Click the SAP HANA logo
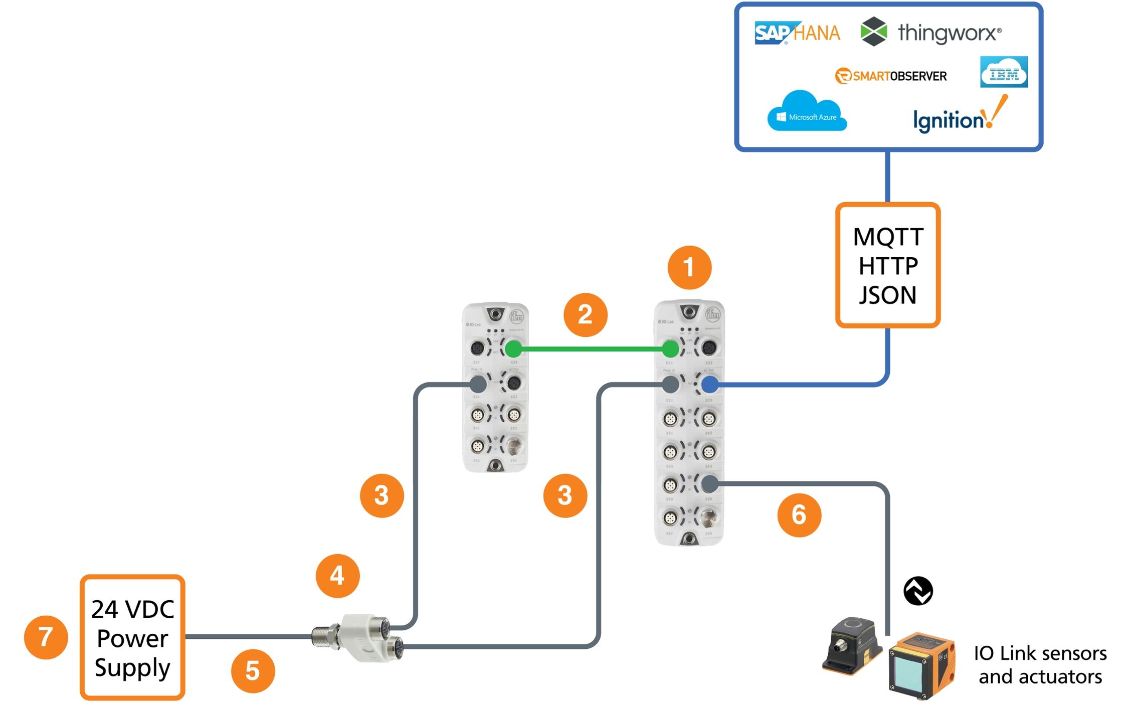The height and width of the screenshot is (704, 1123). [x=797, y=33]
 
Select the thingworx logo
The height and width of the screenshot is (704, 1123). [x=930, y=32]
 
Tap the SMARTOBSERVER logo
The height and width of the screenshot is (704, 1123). [x=891, y=76]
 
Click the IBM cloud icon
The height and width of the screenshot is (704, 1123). [x=1004, y=72]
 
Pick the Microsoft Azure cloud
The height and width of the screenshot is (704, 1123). [x=806, y=112]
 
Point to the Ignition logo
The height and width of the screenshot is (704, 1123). [x=959, y=116]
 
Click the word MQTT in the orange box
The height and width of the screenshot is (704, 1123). [x=888, y=237]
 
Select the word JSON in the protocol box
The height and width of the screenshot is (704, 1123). [x=888, y=295]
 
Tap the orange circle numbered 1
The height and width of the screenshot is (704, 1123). [x=689, y=267]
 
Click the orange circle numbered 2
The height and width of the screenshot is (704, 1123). [x=585, y=315]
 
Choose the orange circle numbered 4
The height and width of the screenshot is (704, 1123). [x=337, y=576]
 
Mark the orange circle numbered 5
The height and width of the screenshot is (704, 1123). [x=253, y=671]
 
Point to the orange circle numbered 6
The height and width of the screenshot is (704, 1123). [x=799, y=515]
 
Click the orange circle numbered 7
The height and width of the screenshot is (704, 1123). [x=46, y=637]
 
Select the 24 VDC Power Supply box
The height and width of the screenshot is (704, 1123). [x=132, y=637]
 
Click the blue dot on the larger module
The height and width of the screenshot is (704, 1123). [x=709, y=385]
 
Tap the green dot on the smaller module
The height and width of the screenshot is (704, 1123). [x=513, y=348]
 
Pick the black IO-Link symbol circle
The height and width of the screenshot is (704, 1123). [x=918, y=591]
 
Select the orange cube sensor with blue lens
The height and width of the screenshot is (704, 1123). [x=921, y=666]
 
